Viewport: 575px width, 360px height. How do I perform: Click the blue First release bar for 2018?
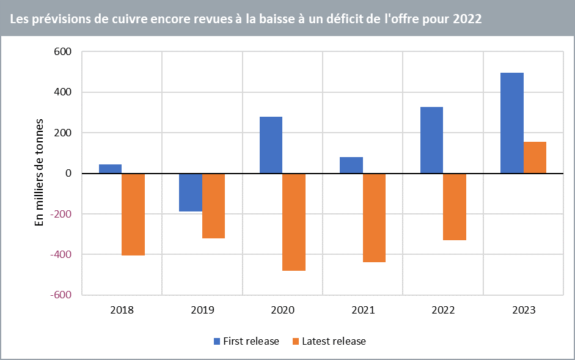tap(110, 169)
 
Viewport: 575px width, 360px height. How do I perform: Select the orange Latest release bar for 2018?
tap(133, 214)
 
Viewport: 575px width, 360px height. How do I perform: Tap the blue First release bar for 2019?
tap(191, 193)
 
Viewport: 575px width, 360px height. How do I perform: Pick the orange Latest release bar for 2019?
tap(214, 206)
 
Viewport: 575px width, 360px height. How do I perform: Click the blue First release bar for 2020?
tap(271, 145)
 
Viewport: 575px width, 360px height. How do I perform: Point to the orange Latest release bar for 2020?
tap(294, 222)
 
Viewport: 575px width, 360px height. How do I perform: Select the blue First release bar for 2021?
tap(351, 165)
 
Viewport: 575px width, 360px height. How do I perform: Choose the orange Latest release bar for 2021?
tap(374, 218)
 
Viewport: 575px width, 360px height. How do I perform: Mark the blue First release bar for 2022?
tap(431, 140)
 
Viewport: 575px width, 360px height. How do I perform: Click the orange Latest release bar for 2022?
tap(455, 207)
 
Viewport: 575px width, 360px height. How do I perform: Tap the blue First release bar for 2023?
tap(512, 123)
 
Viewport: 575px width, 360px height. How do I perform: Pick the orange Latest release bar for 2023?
tap(535, 158)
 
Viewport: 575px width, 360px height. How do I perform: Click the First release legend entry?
tap(246, 341)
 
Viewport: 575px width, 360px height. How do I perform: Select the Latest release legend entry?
tap(329, 341)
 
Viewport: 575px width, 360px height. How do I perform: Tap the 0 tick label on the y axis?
tap(68, 174)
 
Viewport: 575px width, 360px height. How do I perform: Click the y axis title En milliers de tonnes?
tap(40, 173)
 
